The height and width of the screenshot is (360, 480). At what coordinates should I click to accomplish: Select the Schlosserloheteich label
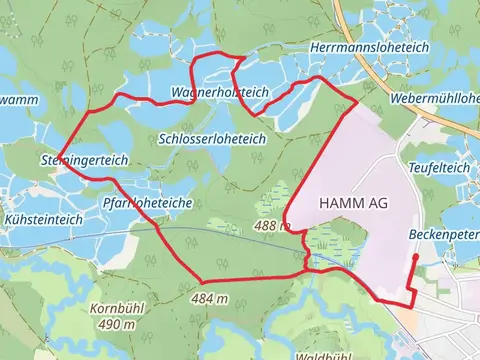tap(212, 138)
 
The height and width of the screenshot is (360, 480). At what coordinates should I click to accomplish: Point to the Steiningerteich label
tap(83, 159)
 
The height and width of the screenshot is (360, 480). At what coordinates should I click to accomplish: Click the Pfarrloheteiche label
tap(146, 201)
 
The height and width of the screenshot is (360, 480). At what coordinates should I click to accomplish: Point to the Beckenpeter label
tap(444, 234)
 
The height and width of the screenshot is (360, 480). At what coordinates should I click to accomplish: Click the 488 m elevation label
tap(272, 227)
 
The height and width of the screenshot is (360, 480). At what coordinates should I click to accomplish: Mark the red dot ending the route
tap(415, 257)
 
